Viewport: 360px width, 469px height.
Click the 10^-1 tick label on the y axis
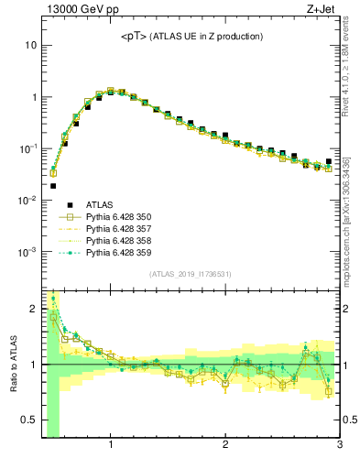pyautogui.click(x=27, y=148)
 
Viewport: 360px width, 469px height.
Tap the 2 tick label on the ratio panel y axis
pyautogui.click(x=32, y=309)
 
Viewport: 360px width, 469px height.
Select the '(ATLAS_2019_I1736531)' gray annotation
pyautogui.click(x=190, y=274)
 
